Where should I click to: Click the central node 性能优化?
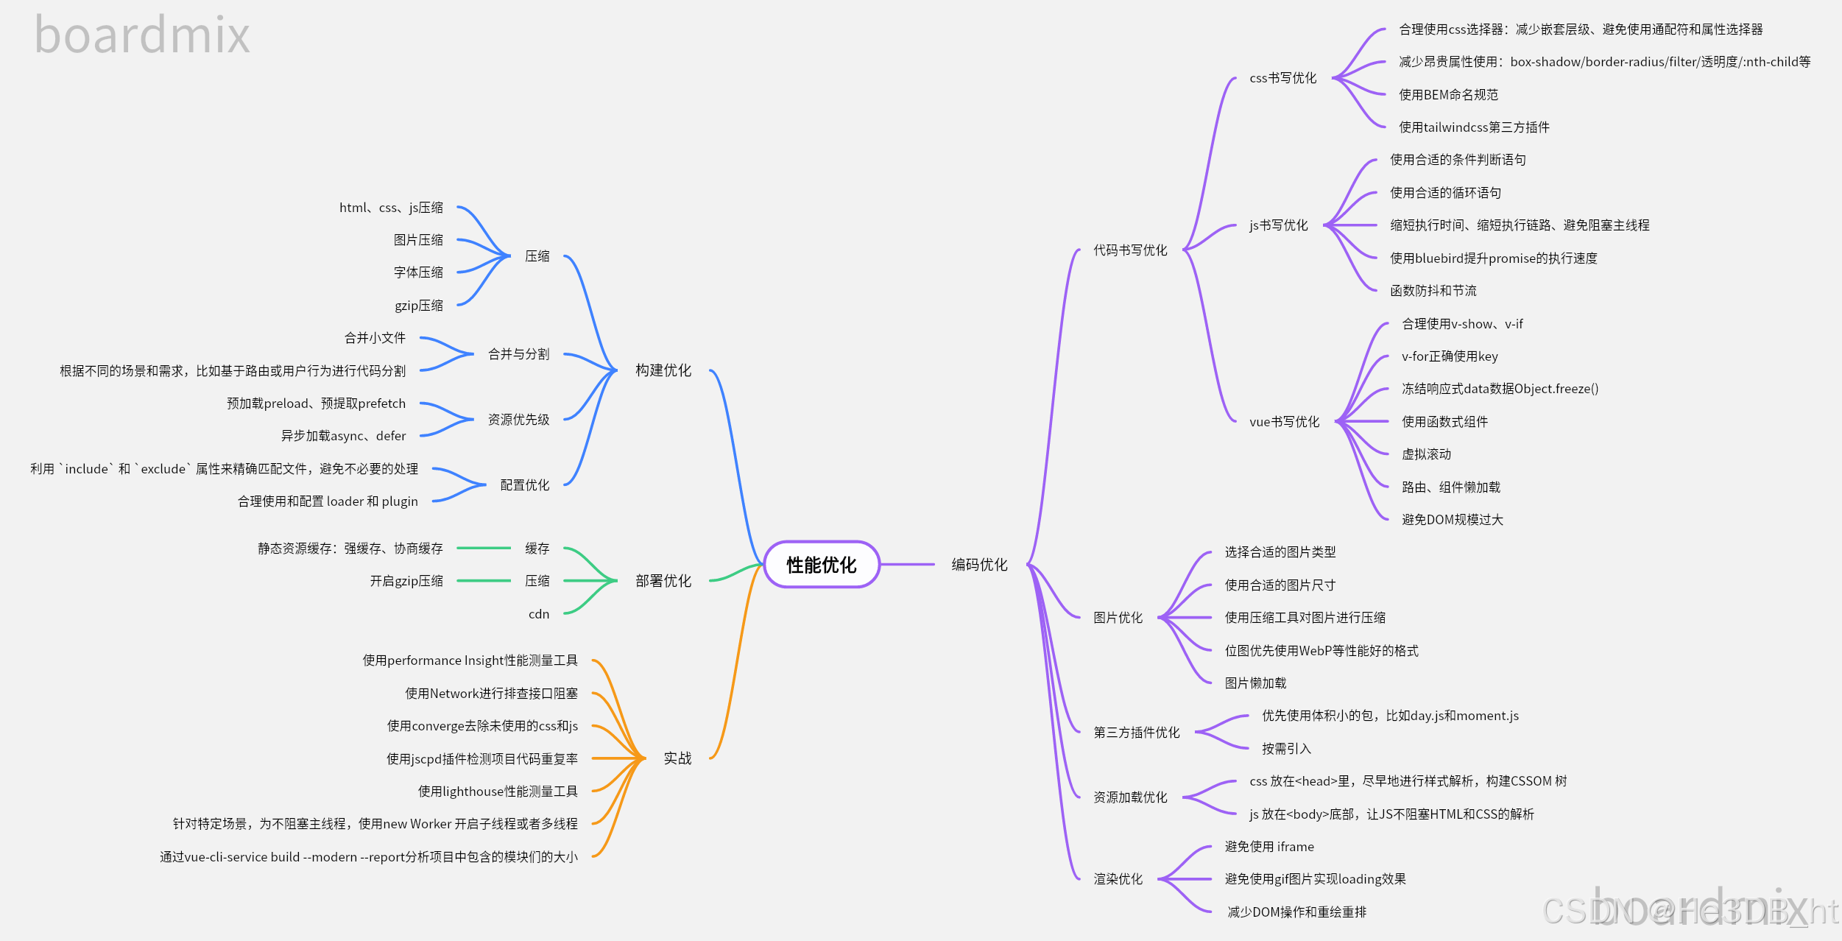[822, 565]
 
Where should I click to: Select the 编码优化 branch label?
[979, 565]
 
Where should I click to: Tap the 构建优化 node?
[663, 370]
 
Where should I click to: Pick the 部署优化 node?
[663, 581]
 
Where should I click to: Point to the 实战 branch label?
[677, 758]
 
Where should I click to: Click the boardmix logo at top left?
[142, 35]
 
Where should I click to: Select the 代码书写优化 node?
[1130, 250]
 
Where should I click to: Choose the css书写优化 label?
[1282, 78]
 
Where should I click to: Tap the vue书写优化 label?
[1284, 422]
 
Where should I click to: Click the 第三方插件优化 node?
[1136, 733]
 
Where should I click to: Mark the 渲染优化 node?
[1118, 879]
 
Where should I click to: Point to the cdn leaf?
[539, 614]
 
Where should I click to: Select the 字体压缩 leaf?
[418, 272]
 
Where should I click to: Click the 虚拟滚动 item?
[1426, 454]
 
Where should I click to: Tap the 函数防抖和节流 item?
[1433, 291]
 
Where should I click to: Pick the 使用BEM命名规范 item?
[1448, 95]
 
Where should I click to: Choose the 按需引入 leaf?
[1286, 749]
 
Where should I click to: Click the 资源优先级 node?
[518, 420]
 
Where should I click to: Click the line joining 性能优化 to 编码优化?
[907, 565]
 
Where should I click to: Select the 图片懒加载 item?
[1255, 683]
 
